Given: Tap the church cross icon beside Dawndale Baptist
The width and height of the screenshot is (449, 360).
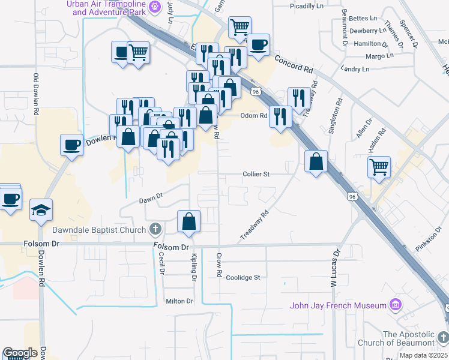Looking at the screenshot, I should pyautogui.click(x=155, y=229).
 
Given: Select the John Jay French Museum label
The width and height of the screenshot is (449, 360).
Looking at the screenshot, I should pyautogui.click(x=338, y=305).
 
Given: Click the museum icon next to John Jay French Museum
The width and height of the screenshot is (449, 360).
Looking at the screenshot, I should pyautogui.click(x=395, y=305).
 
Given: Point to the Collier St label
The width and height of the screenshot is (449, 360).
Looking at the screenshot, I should pyautogui.click(x=257, y=174).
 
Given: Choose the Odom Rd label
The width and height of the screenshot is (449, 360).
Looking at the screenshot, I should pyautogui.click(x=253, y=116).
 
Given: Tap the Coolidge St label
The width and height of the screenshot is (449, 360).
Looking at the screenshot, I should pyautogui.click(x=243, y=278).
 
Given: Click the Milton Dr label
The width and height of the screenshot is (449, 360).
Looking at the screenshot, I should pyautogui.click(x=179, y=301).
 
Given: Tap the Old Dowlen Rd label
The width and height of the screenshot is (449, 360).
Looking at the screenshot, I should pyautogui.click(x=36, y=94).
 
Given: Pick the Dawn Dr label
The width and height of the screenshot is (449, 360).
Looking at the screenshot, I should pyautogui.click(x=151, y=197).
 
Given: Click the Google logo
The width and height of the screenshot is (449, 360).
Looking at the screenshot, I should pyautogui.click(x=20, y=353).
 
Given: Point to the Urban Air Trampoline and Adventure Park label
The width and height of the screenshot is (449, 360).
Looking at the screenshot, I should pyautogui.click(x=106, y=7).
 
